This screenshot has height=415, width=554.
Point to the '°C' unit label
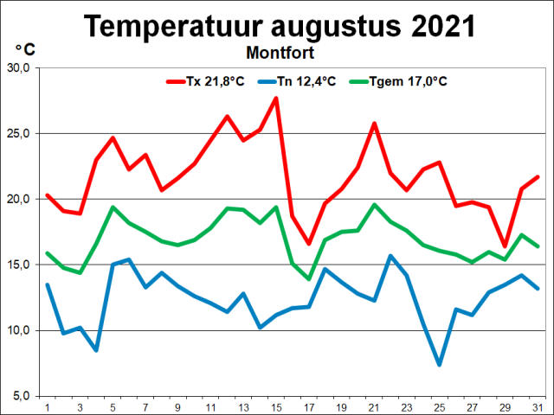[x=25, y=49]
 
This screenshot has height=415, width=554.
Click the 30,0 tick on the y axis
[x=20, y=68]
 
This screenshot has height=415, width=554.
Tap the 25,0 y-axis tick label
[x=20, y=134]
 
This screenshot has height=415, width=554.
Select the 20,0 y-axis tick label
[x=20, y=199]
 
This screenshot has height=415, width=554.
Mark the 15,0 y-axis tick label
[x=20, y=265]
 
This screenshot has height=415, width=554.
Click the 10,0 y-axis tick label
[x=20, y=330]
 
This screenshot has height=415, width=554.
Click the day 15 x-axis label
[x=276, y=406]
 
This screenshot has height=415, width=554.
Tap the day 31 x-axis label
[x=538, y=406]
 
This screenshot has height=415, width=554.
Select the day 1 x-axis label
[x=47, y=406]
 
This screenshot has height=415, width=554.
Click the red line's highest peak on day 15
[x=276, y=98]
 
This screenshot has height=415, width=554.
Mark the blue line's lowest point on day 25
[x=440, y=364]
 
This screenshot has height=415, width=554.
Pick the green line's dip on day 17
[x=309, y=278]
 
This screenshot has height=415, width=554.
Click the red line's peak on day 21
[x=374, y=123]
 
